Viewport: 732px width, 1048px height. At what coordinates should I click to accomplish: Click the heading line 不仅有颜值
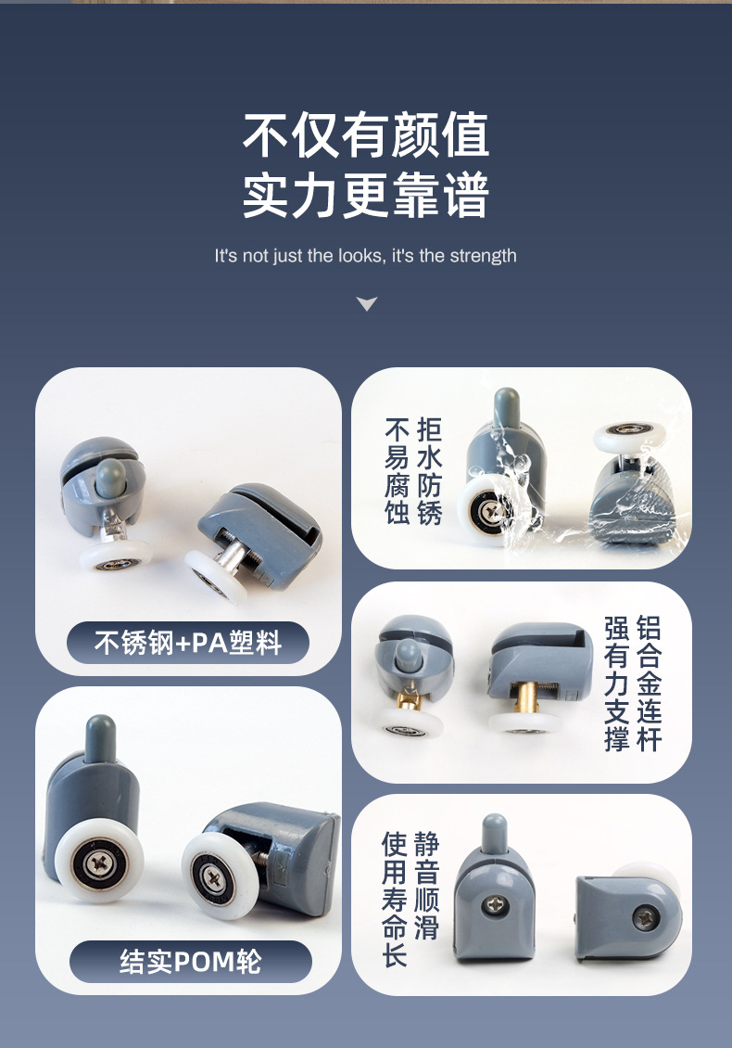coord(366,135)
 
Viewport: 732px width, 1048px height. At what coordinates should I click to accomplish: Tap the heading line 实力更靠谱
coord(366,195)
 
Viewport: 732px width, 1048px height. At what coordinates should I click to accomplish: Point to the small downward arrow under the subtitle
coord(367,304)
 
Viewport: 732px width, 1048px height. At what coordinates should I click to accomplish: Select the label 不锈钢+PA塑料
coord(188,643)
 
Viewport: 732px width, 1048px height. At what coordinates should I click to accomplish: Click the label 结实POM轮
coord(190,962)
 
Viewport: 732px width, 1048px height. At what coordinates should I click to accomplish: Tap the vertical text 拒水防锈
coord(429,471)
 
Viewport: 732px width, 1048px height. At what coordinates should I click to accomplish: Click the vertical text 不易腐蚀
coord(397,471)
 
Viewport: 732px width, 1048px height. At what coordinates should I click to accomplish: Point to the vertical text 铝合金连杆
coord(650,684)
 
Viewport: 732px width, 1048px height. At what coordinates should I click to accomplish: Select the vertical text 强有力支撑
coord(616,684)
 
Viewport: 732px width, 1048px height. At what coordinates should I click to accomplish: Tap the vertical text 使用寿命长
coord(395,899)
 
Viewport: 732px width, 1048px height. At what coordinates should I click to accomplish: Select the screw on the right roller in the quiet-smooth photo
coord(646,917)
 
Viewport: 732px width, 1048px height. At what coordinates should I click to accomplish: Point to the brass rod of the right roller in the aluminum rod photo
coord(525,697)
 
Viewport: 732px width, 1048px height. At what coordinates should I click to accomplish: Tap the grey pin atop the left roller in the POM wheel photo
coord(100,738)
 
